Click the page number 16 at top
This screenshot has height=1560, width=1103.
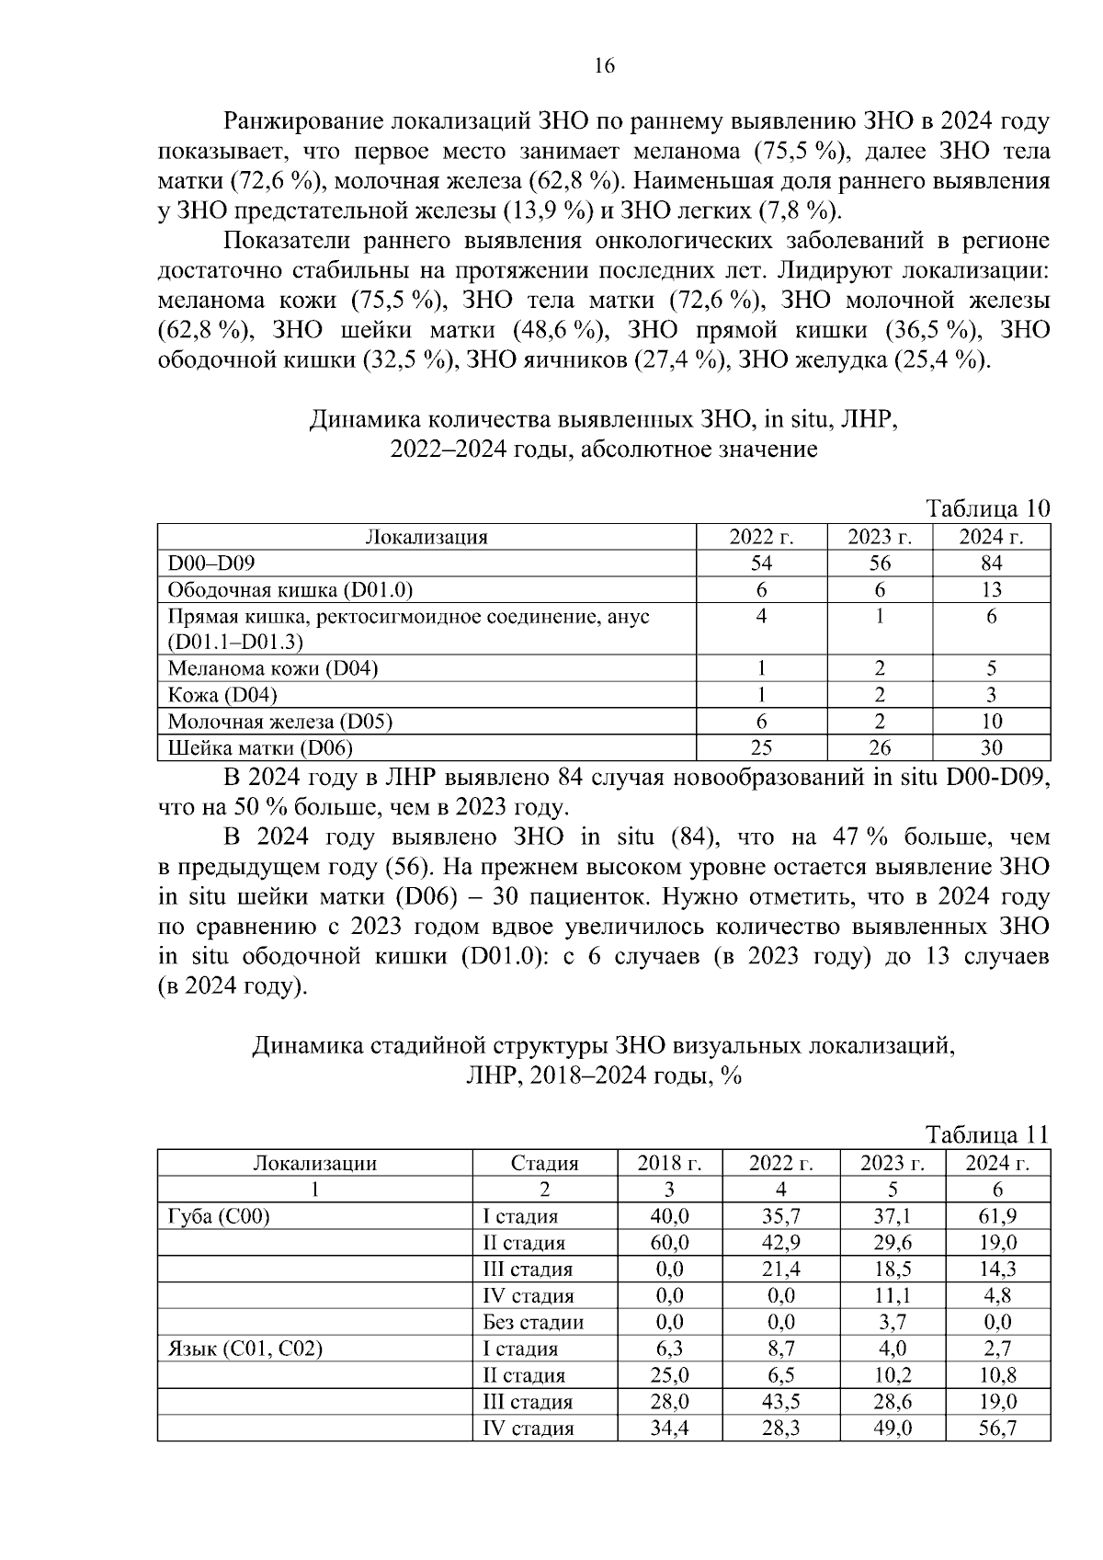(604, 66)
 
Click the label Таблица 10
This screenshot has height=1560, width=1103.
(987, 509)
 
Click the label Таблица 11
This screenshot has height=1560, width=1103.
(987, 1134)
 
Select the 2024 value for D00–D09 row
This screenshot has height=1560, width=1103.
(991, 564)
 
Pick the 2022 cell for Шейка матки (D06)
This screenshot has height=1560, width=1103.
(761, 747)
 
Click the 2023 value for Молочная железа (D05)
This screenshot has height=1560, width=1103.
(879, 722)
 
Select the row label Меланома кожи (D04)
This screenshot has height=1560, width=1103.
(272, 668)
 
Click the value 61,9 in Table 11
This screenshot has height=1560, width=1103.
(997, 1216)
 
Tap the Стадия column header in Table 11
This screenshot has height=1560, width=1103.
(544, 1163)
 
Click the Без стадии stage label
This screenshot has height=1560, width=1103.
(533, 1323)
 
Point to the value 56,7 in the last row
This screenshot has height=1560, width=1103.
(997, 1429)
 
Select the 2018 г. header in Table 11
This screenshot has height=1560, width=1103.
(669, 1163)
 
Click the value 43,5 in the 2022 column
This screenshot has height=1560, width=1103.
(780, 1402)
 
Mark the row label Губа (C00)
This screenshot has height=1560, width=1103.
(218, 1216)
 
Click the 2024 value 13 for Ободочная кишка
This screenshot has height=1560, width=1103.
(991, 590)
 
